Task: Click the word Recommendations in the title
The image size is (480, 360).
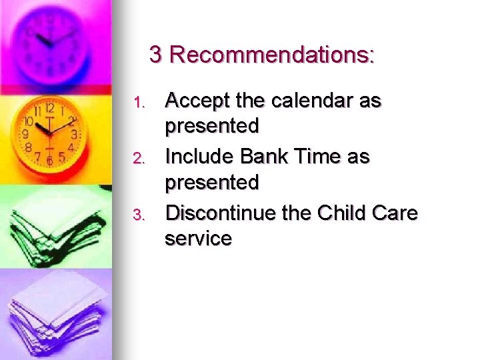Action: coord(272,55)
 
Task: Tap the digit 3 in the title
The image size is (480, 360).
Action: coord(156,55)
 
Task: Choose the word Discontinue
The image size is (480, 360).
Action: coord(223,213)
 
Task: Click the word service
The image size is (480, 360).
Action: coord(198,238)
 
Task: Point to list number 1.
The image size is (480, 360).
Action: coord(139,103)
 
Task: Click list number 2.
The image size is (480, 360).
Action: coord(139,159)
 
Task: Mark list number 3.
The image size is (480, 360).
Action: coord(139,215)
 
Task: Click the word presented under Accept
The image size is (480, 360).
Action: coord(211,126)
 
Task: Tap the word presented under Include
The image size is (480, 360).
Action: coord(211,182)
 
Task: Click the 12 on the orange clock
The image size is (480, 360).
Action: coord(49,108)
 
